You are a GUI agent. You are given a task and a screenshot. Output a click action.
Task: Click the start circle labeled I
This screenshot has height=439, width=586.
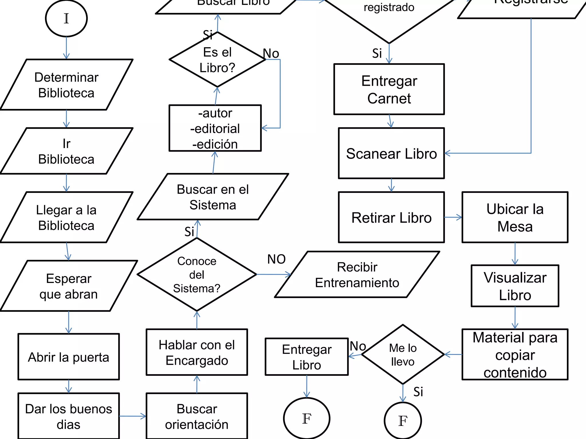tap(66, 19)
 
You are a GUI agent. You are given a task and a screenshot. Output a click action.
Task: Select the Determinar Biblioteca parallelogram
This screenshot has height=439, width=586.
tap(66, 85)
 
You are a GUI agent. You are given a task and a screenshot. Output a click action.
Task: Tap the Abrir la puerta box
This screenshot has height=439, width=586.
tap(69, 357)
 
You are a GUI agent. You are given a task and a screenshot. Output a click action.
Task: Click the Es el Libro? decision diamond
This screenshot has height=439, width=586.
tap(217, 60)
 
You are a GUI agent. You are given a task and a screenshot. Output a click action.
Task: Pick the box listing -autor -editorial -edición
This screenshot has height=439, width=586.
tap(215, 128)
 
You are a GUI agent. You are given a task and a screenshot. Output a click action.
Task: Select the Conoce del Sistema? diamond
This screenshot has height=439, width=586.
tap(197, 274)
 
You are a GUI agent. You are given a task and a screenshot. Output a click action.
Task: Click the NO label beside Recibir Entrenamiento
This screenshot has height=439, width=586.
tap(276, 259)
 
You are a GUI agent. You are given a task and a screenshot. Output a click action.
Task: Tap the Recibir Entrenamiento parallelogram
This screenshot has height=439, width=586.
tap(357, 275)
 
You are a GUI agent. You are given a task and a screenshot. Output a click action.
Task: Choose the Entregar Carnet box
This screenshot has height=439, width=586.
tap(389, 89)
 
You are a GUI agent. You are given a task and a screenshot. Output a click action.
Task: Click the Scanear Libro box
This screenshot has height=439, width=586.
tap(391, 153)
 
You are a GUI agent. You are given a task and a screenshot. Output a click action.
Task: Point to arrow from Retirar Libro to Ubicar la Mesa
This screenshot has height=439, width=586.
tap(453, 217)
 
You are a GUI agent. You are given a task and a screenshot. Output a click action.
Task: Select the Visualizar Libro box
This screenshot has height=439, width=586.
tap(515, 286)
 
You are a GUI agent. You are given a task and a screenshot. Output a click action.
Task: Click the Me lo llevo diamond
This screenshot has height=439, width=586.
tap(403, 355)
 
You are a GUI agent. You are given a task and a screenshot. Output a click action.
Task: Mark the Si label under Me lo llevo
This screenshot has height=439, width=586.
tap(418, 392)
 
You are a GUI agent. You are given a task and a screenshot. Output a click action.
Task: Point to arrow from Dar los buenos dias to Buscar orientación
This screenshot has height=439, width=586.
tap(132, 416)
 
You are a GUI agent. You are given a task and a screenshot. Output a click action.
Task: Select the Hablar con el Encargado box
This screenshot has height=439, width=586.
tap(197, 352)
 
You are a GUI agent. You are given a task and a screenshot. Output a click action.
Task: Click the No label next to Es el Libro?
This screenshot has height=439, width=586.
tap(271, 53)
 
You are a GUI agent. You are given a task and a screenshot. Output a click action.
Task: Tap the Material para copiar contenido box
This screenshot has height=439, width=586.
tap(515, 355)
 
